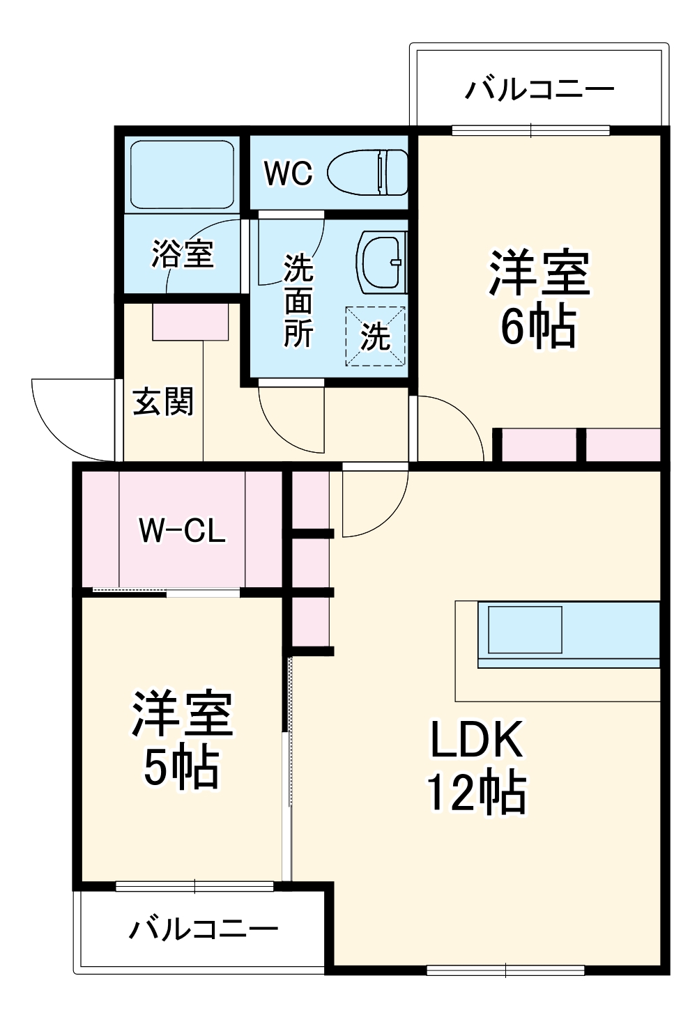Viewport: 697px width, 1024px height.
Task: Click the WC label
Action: tap(289, 173)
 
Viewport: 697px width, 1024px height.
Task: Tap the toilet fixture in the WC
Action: tap(368, 173)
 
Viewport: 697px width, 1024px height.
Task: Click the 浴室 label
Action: tap(183, 254)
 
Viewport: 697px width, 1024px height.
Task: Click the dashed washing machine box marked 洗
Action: tap(376, 336)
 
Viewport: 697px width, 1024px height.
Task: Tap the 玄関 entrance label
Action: tap(163, 402)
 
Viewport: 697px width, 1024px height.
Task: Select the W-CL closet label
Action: tap(183, 531)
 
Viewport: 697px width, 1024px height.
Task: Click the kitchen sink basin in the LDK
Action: tap(525, 629)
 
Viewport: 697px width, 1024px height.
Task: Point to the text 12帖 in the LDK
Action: tap(477, 793)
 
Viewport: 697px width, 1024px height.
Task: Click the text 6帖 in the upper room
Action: tap(538, 327)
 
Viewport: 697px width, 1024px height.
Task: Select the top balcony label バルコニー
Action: tap(540, 90)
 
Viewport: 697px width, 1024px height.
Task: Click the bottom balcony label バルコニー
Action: tap(204, 929)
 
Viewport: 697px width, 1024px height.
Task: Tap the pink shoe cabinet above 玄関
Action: tap(190, 322)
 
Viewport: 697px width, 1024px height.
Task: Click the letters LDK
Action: tap(477, 740)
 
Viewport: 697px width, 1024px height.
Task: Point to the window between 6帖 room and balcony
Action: tap(531, 130)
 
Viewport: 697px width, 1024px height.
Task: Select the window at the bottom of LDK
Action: tap(505, 969)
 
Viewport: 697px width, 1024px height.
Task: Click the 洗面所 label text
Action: tap(298, 301)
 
